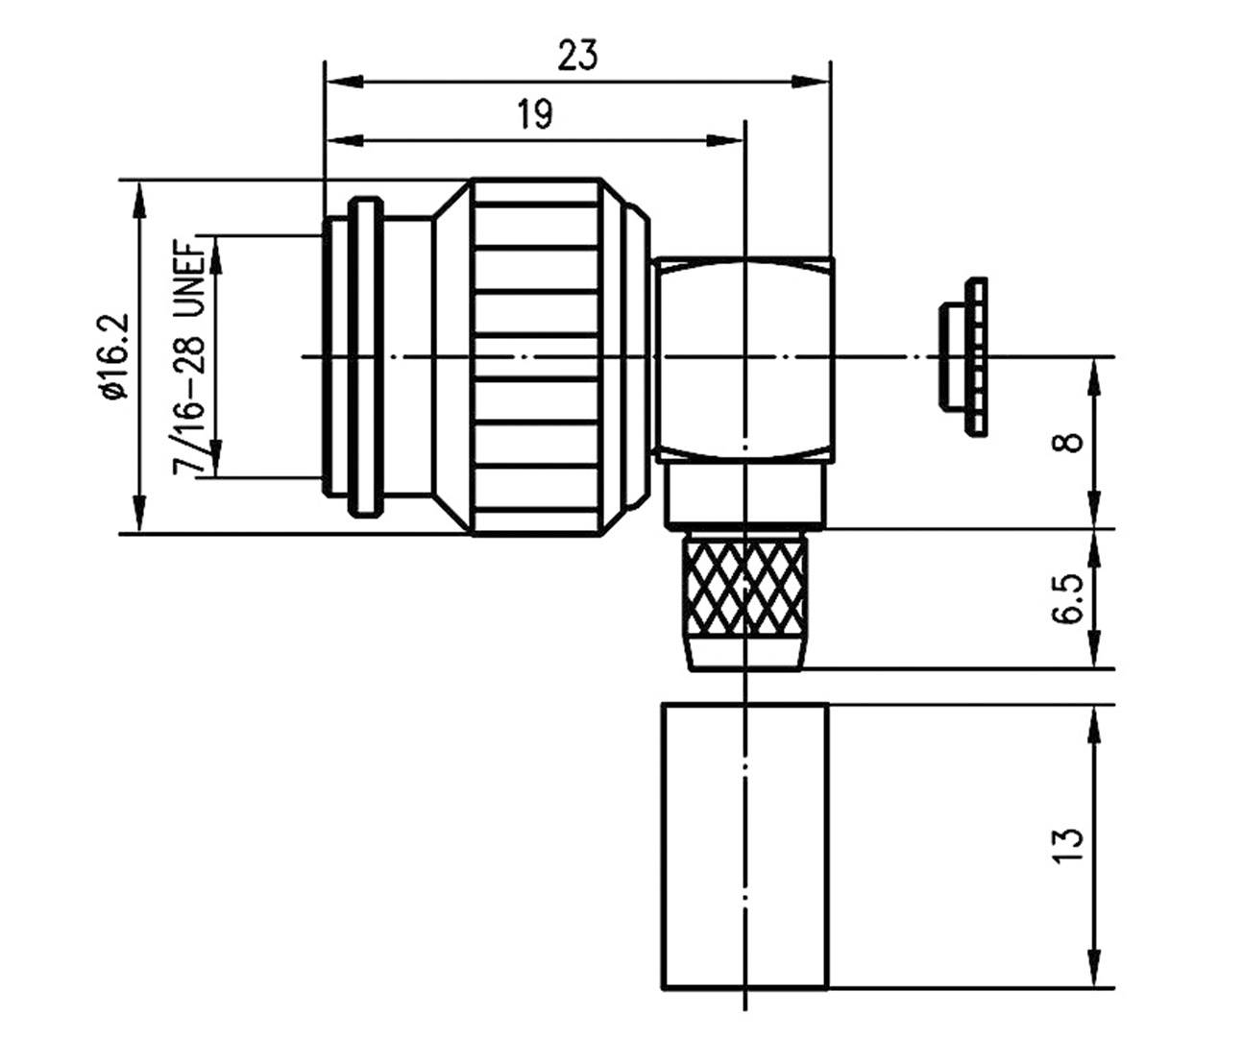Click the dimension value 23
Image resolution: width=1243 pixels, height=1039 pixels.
click(577, 56)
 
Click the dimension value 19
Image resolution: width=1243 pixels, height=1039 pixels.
click(535, 115)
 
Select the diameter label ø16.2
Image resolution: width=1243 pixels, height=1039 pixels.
click(111, 356)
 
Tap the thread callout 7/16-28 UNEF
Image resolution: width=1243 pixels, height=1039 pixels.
click(188, 356)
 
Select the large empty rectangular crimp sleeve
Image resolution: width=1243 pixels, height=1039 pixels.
click(744, 845)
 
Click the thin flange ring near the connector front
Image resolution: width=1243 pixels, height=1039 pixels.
click(363, 356)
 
